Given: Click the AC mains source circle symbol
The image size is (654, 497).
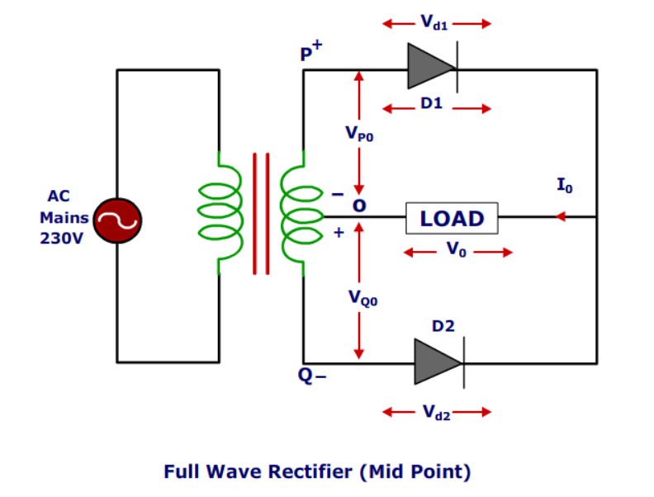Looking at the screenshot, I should click(118, 220).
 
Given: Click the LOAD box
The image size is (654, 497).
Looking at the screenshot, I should click(452, 219).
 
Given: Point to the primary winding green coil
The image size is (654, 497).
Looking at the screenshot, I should click(221, 212).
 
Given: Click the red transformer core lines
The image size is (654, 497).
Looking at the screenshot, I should click(261, 213).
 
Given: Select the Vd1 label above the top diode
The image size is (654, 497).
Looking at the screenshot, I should click(435, 23).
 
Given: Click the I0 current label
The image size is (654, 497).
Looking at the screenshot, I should click(564, 186).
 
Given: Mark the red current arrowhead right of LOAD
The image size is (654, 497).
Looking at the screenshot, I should click(561, 218).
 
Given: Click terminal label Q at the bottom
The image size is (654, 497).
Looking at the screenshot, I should click(306, 376).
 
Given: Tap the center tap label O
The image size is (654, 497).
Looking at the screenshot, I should click(359, 203).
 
